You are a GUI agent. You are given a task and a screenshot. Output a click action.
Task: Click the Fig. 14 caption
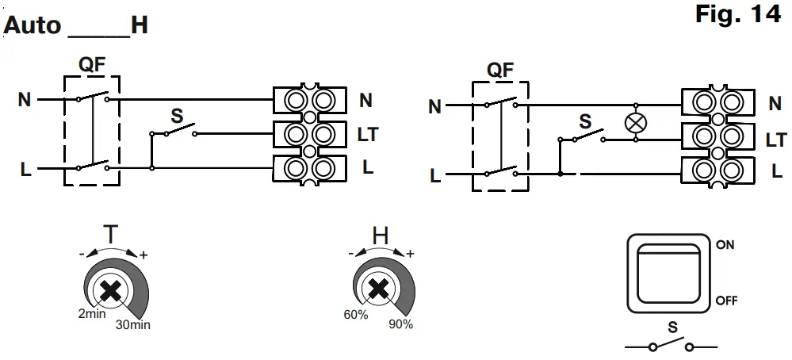point(737,16)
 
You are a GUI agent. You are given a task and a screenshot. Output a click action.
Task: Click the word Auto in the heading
point(32,25)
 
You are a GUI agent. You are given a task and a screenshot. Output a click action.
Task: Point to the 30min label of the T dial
point(132,324)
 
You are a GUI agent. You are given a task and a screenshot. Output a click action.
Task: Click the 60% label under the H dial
point(356,315)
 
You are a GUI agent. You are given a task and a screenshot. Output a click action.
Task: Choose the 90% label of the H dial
point(400,324)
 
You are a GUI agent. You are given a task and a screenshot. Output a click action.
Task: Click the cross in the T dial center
point(110,292)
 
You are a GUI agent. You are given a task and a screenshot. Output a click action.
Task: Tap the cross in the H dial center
point(381,291)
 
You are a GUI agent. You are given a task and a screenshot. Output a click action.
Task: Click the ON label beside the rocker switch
point(725,245)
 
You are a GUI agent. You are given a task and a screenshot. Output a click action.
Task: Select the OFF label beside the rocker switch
point(727,301)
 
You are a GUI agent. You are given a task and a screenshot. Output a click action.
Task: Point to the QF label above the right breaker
point(499,70)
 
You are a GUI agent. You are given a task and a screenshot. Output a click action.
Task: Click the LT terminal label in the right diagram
point(775,140)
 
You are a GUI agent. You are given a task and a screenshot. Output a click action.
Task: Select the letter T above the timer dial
point(113,236)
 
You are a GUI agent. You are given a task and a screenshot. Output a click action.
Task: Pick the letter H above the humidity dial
point(381,236)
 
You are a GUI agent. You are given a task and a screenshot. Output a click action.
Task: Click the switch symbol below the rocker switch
point(671,347)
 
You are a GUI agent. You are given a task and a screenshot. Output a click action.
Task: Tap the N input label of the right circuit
point(434,106)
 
